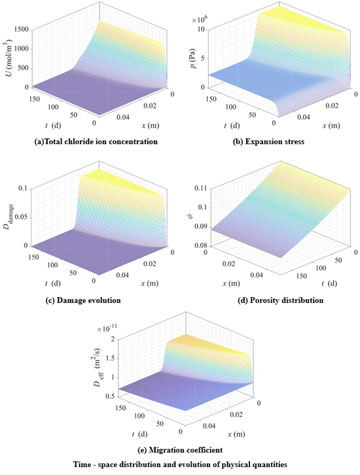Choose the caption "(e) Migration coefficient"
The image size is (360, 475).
pyautogui.click(x=179, y=449)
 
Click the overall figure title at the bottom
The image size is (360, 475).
pyautogui.click(x=179, y=463)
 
